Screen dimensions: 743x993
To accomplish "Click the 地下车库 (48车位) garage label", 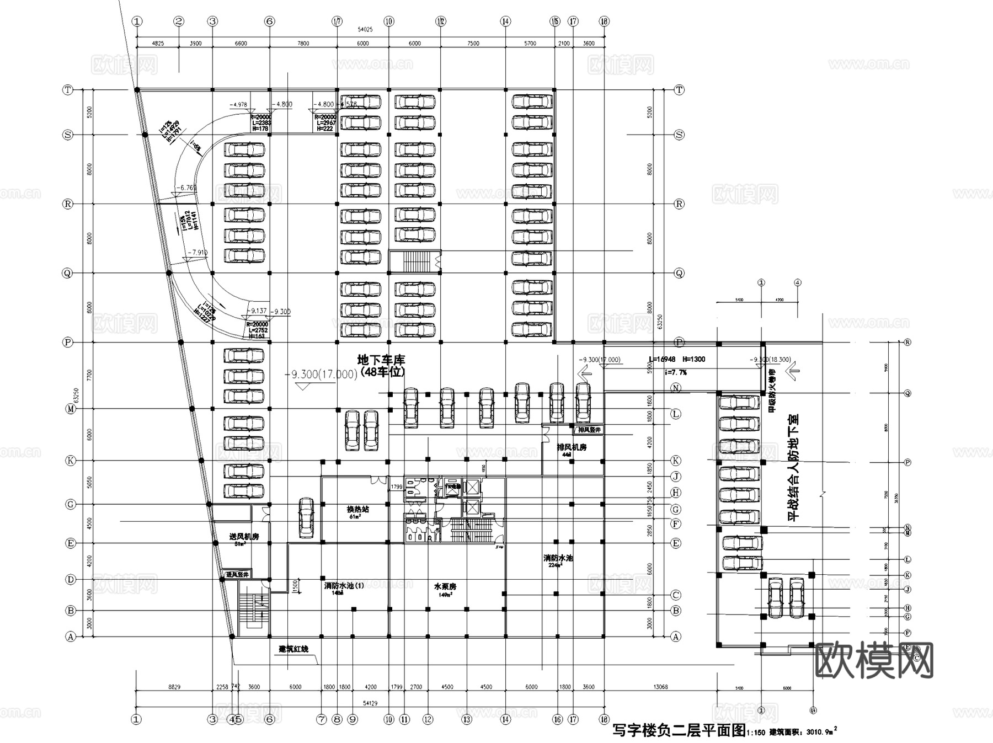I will coord(381,366).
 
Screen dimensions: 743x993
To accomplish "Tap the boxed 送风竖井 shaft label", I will coord(237,575).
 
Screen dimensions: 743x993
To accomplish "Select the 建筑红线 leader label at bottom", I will coord(293,649).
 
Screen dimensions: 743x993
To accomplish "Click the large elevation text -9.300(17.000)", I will coord(321,375).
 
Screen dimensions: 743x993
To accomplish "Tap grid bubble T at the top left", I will coord(68,89).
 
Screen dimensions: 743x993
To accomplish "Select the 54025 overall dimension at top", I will coord(365,29).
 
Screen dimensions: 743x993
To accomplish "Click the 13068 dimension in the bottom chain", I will coord(660,687).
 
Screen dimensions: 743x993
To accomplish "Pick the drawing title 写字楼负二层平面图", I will coord(679,731).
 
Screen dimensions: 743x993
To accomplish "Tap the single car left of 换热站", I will coord(306,517).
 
